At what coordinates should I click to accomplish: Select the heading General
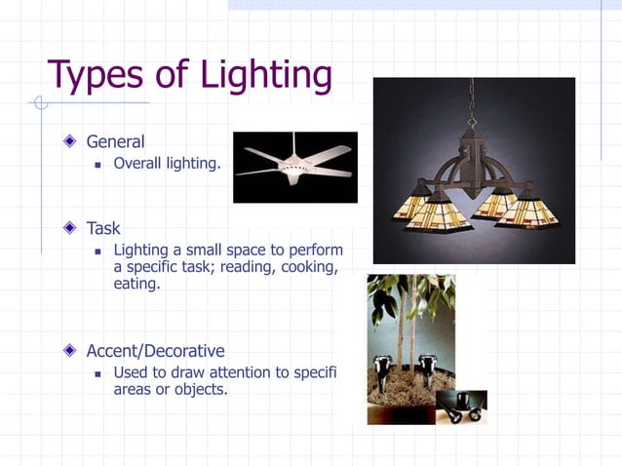point(115,142)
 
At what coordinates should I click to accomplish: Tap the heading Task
point(103,228)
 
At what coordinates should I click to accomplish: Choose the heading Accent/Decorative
point(155,350)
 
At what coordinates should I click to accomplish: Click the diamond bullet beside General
point(69,142)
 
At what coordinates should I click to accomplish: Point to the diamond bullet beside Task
point(69,228)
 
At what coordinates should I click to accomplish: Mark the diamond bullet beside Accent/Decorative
point(69,350)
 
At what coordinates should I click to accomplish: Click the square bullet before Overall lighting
point(97,164)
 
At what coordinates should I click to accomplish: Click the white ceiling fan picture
point(294,167)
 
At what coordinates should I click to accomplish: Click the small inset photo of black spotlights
point(460,407)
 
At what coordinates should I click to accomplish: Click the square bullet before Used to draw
point(97,373)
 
